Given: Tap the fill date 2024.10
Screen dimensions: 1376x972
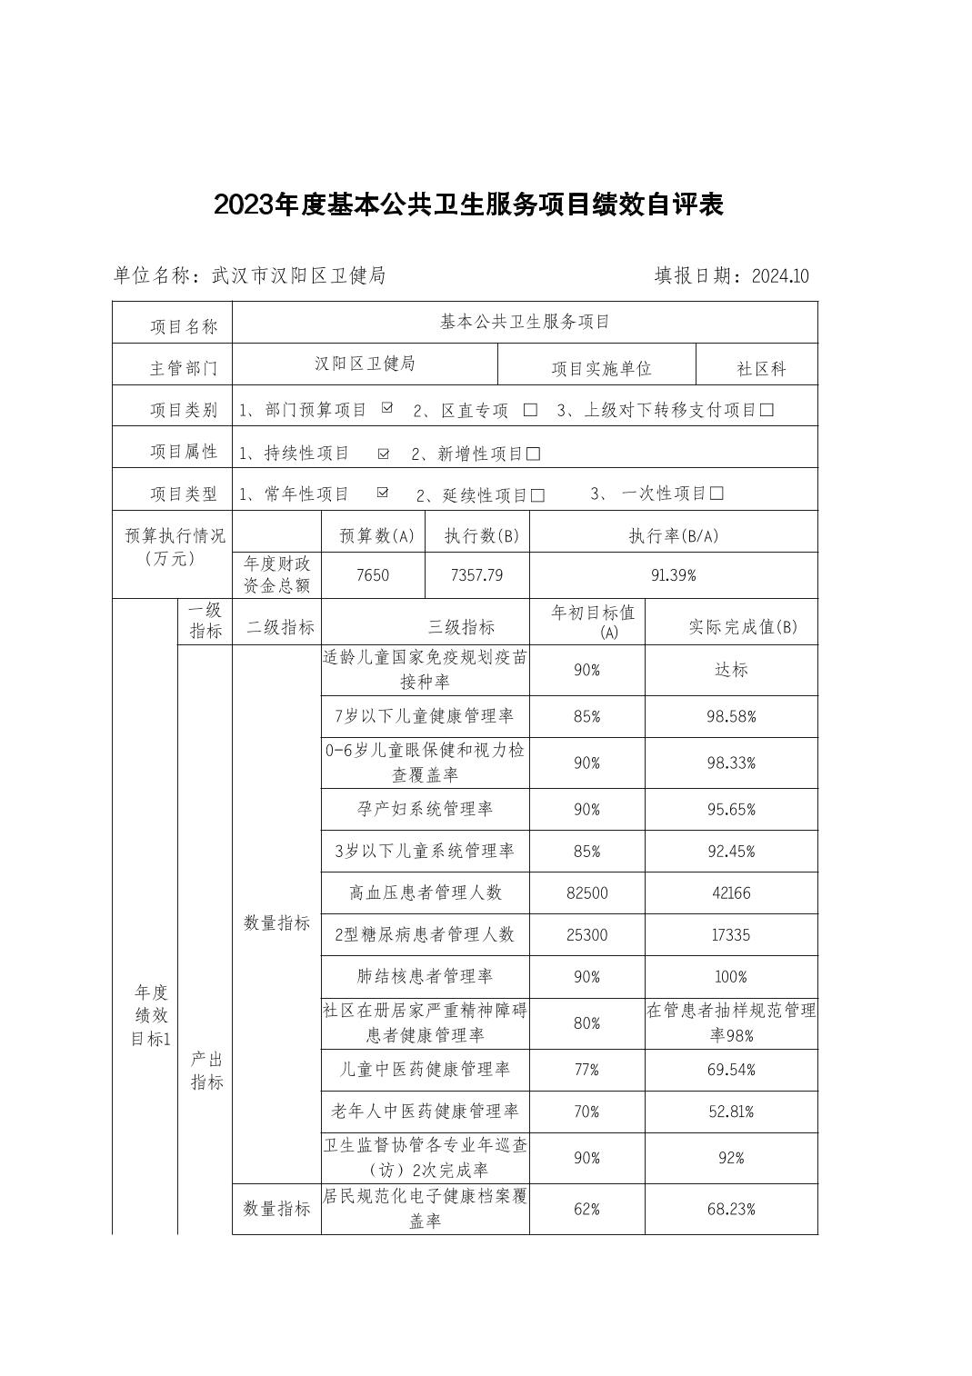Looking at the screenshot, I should tap(780, 276).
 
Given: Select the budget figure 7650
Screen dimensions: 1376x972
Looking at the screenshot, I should tap(373, 575).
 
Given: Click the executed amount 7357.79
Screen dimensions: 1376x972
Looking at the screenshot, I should tap(476, 575).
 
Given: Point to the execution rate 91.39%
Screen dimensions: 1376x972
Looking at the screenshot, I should tap(673, 575).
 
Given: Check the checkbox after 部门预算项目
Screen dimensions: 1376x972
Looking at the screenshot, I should tap(387, 409).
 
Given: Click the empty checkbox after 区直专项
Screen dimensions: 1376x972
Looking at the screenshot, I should tap(530, 410).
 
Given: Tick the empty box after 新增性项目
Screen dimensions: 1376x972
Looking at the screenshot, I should tap(534, 454).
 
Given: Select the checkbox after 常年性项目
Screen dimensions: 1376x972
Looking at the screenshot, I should tap(383, 494).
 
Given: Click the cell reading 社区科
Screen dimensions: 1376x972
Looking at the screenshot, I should tap(761, 369).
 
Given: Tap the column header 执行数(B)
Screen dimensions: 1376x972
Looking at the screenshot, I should tap(476, 536).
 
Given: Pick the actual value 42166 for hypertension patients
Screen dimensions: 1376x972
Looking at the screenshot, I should tap(731, 893).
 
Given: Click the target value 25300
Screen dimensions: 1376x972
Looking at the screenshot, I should tap(586, 935).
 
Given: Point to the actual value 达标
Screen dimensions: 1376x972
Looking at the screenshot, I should tap(731, 670).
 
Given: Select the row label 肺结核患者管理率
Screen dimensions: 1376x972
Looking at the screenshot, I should tap(425, 977).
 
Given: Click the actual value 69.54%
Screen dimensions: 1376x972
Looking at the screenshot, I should tap(731, 1070).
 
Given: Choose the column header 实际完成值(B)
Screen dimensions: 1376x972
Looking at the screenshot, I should tap(743, 627).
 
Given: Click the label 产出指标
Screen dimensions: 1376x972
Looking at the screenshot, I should tap(206, 1071).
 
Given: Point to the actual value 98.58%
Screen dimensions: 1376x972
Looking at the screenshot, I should tap(731, 717).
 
